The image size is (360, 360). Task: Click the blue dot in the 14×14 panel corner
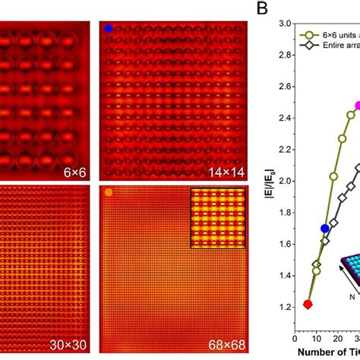point(109,28)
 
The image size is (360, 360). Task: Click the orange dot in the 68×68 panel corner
point(109,192)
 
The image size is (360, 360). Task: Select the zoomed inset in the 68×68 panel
point(218,219)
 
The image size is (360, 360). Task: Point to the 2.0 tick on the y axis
point(283,182)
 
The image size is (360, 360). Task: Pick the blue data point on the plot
point(325,228)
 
